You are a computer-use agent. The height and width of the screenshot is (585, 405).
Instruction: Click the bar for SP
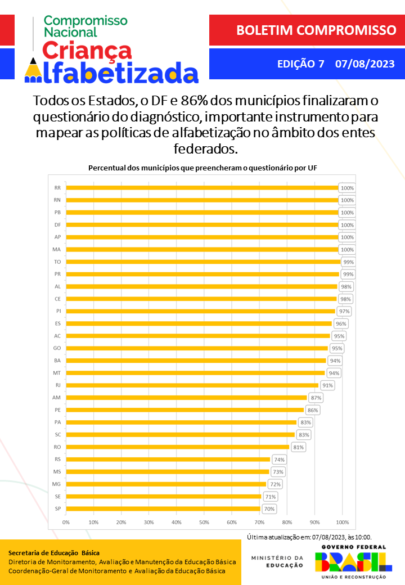163,508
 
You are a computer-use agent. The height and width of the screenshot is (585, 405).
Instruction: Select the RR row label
57,188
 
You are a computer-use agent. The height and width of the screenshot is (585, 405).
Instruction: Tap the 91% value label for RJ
327,385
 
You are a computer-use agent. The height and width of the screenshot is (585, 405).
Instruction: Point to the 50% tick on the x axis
204,522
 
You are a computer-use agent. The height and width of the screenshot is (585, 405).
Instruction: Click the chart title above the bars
202,168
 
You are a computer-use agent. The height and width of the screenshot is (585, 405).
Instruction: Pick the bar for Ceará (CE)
201,299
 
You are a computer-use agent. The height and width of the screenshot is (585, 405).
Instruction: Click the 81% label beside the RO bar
298,447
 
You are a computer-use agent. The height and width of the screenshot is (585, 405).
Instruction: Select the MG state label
56,484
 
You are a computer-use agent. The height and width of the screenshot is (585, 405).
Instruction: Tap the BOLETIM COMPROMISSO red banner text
308,30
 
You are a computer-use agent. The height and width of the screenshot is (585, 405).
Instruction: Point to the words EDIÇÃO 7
300,64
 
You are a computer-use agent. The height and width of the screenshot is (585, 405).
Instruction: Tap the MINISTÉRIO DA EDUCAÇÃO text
277,561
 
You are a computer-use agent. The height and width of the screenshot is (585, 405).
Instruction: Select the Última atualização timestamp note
309,537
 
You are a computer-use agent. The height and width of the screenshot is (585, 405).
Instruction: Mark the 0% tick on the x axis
66,522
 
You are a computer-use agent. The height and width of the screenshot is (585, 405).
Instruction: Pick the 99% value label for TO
348,262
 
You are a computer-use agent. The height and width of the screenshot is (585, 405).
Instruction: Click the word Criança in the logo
87,51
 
